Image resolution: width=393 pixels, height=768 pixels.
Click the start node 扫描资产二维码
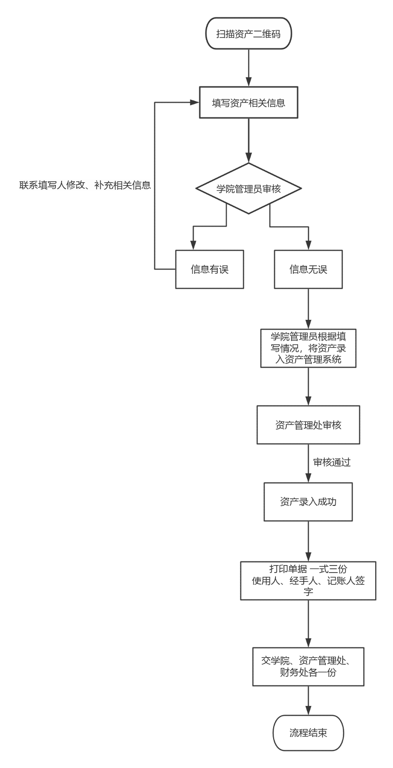tap(249, 34)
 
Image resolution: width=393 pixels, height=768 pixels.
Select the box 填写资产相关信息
tap(249, 102)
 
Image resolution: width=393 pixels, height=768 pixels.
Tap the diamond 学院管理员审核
tap(248, 188)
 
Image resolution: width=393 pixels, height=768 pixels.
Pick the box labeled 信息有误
tap(210, 269)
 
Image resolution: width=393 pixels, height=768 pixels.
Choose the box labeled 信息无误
tap(308, 269)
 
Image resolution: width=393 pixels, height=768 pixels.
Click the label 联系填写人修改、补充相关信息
tap(85, 185)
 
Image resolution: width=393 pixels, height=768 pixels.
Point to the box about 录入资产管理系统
tap(308, 348)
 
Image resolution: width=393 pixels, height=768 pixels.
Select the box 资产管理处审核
tap(308, 425)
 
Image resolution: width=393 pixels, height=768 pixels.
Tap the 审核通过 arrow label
tap(332, 462)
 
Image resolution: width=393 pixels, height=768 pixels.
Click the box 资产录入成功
tap(308, 502)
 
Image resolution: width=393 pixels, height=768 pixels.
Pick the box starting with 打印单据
tap(308, 581)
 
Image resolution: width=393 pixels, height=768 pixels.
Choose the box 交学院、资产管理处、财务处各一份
tap(308, 667)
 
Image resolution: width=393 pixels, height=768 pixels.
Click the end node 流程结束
tap(308, 733)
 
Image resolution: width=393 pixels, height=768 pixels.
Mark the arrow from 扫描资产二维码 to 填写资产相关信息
tap(249, 68)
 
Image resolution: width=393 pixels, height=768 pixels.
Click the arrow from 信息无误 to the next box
tap(308, 309)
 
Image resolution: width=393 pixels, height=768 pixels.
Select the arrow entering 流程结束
tap(308, 700)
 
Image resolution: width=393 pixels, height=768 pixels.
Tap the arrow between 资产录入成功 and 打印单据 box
tap(308, 541)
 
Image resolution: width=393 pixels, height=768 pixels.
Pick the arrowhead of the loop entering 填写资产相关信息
tap(195, 102)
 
